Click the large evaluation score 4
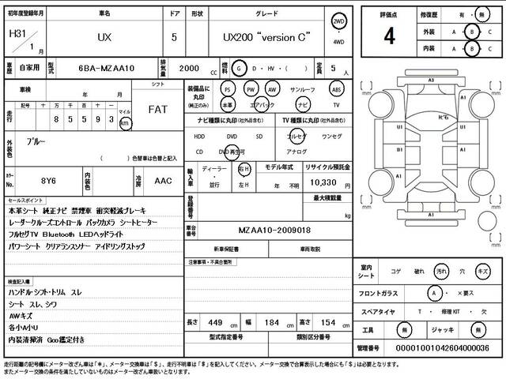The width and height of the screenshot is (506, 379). click(390, 36)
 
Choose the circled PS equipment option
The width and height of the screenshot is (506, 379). click(228, 89)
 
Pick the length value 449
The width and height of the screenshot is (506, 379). click(216, 323)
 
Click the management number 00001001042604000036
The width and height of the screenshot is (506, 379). click(443, 348)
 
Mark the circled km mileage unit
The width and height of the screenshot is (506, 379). click(125, 124)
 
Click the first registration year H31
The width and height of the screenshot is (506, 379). click(16, 35)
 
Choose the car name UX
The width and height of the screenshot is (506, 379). click(104, 37)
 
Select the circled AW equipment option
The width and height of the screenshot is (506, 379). click(272, 89)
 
